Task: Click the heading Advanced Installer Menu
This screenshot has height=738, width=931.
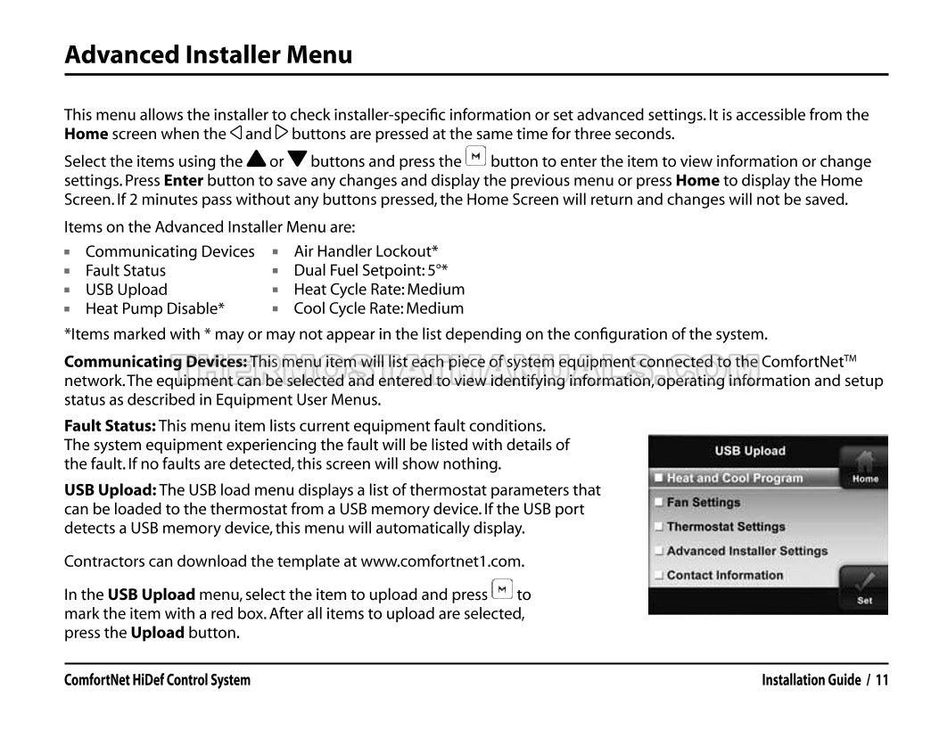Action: (x=208, y=55)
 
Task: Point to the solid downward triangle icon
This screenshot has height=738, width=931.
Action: (x=297, y=161)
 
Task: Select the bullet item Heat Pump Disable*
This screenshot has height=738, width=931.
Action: (x=154, y=308)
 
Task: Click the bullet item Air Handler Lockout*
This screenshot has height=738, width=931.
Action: (x=366, y=251)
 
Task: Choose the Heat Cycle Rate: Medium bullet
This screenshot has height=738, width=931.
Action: (x=379, y=290)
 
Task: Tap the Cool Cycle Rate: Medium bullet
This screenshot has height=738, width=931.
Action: (x=378, y=308)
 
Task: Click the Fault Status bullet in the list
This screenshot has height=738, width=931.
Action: (x=125, y=270)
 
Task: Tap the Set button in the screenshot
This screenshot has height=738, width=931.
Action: (x=864, y=589)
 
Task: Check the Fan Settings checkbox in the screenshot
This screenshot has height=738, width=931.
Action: (x=659, y=503)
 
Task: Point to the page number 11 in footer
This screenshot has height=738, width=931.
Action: (x=881, y=681)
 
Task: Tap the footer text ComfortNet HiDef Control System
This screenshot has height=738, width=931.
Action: (x=157, y=681)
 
